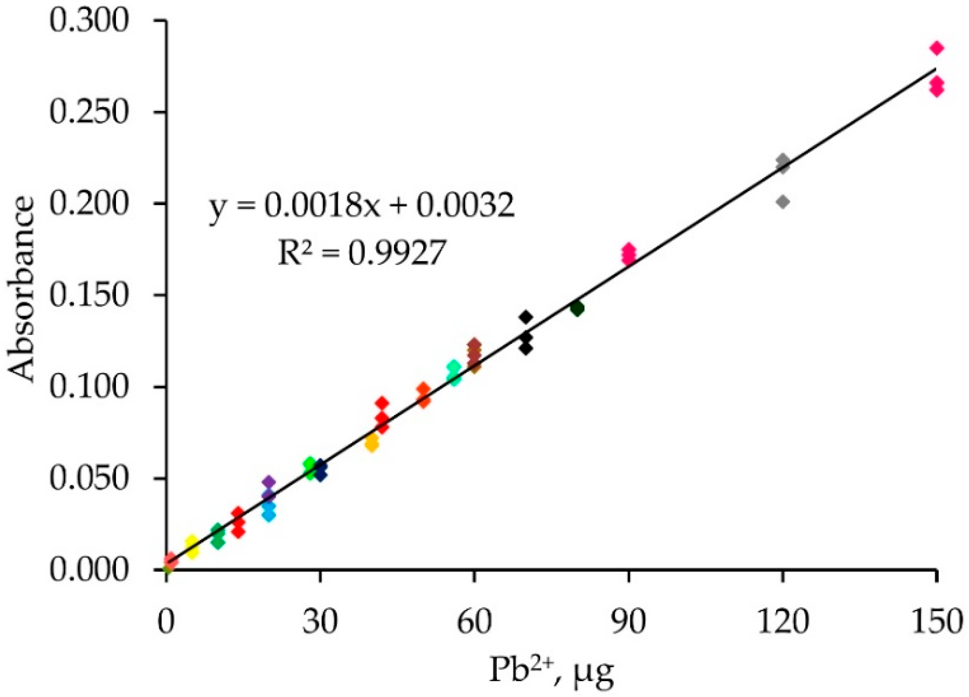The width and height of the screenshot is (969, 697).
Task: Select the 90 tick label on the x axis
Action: pos(629,622)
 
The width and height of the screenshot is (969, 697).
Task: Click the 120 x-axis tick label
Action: pos(783,622)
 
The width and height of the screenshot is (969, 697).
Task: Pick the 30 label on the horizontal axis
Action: pos(320,622)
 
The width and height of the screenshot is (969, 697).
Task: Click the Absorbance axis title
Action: pos(22,289)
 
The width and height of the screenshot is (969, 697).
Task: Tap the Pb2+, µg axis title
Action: pos(551,671)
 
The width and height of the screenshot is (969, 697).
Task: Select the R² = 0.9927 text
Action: pos(362,253)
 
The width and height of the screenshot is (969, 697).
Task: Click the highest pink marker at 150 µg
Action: pos(937,48)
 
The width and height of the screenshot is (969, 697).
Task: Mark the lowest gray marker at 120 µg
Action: pos(783,202)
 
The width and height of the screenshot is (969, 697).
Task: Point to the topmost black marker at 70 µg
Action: pos(526,317)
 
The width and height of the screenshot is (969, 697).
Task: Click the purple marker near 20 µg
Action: pos(269,482)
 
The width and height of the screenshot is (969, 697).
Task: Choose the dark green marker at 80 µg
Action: pos(577,308)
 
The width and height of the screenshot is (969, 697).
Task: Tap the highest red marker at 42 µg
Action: pos(382,403)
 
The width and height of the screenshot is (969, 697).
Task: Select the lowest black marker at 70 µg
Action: pos(526,348)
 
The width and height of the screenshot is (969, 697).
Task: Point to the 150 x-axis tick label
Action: pos(937,622)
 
